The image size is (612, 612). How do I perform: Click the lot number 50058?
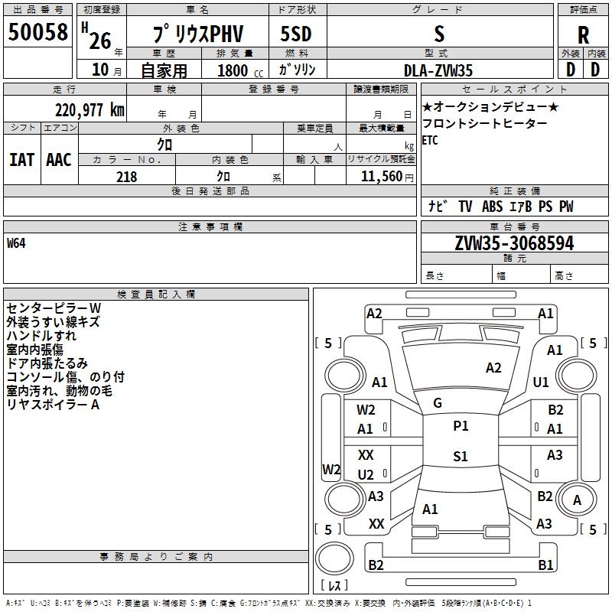pos(37,32)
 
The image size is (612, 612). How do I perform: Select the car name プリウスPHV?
pos(198,34)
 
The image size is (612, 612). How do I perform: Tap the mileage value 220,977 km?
pos(90,110)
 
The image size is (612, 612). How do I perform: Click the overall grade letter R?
pos(583,35)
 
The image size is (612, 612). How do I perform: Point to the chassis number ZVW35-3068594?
pos(514,243)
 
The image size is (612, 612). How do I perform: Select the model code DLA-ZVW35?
pos(438,70)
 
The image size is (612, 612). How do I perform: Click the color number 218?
pos(126,177)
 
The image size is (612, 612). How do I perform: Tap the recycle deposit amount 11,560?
pos(381,177)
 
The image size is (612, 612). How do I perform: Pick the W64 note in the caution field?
pos(16,243)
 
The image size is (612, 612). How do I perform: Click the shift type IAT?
pos(21,160)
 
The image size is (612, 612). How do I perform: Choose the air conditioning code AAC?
pos(59,160)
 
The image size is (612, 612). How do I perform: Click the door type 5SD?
pos(296,34)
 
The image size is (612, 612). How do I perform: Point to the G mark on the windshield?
pos(438,403)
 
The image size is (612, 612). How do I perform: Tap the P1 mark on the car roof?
pos(461,426)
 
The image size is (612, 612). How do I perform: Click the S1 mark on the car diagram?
pos(461,456)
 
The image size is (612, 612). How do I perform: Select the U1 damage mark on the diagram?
pos(541,382)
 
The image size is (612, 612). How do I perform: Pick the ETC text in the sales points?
pos(430,140)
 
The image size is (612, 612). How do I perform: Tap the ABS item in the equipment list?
pos(492,207)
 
